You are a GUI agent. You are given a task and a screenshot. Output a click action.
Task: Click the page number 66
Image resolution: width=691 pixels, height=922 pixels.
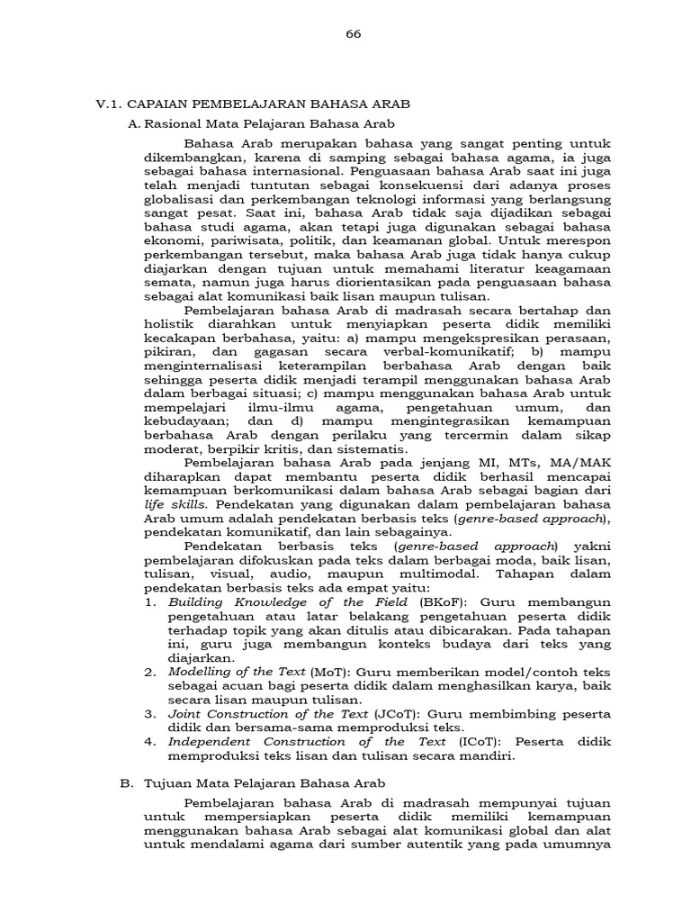tap(353, 34)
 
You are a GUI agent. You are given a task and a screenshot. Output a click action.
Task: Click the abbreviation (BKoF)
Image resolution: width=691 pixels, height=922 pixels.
tap(435, 602)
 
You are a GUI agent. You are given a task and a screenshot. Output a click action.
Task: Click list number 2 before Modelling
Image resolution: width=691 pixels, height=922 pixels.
tap(149, 673)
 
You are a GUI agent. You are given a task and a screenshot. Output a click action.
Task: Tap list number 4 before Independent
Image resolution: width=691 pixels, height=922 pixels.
tap(149, 742)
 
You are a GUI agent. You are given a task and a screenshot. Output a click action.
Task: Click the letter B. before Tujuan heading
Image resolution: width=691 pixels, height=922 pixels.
tap(126, 783)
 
